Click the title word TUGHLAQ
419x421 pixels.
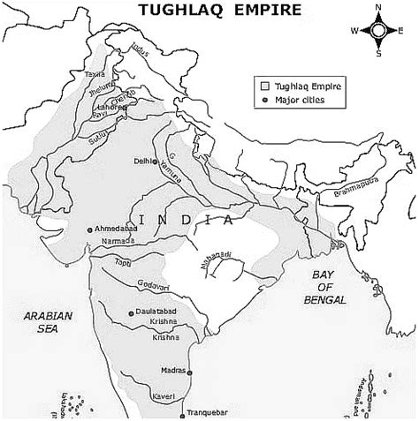tap(176, 11)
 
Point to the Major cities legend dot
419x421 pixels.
tap(264, 100)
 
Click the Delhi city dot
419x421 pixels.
tap(155, 162)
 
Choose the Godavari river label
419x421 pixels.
tap(153, 283)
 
